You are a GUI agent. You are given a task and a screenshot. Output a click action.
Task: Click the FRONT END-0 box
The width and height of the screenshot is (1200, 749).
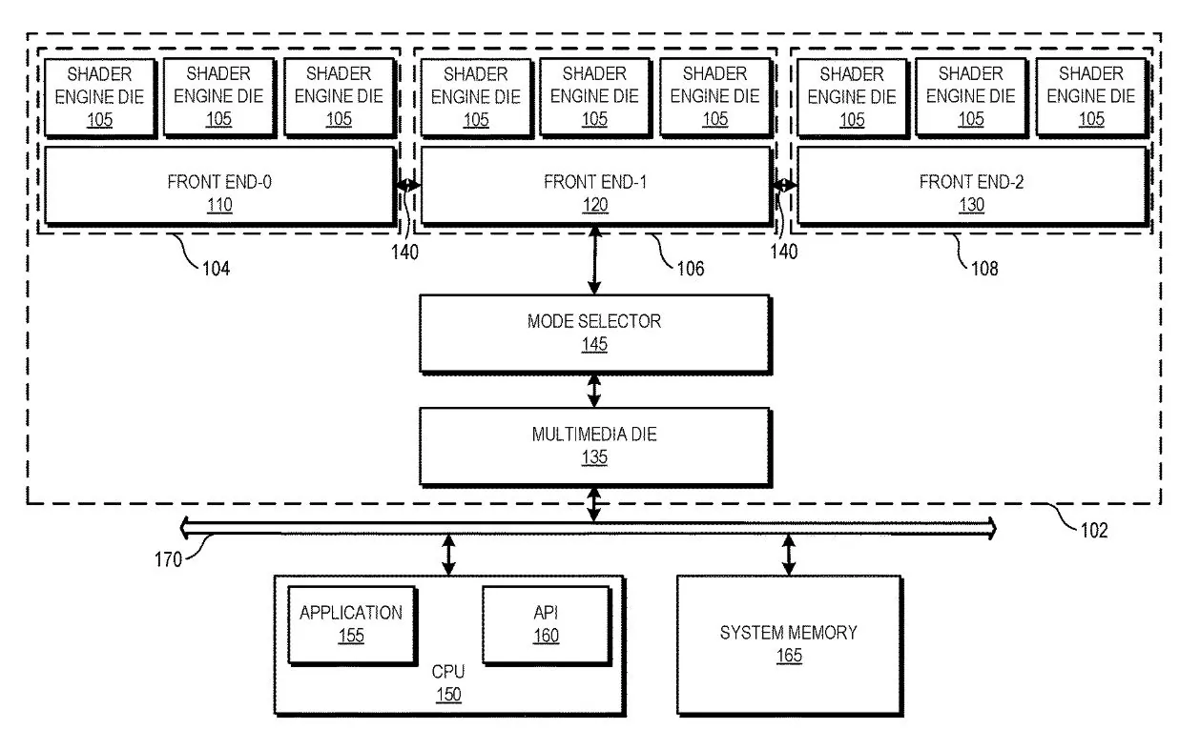click(x=218, y=186)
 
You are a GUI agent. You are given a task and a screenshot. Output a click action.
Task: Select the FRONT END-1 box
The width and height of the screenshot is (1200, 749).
click(x=594, y=186)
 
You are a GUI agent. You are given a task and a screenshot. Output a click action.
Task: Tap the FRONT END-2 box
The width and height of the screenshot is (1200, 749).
click(x=970, y=186)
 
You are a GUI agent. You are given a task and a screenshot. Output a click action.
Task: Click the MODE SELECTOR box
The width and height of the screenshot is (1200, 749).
click(x=593, y=333)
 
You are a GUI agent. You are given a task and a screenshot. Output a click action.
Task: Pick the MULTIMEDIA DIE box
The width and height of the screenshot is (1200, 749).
click(x=593, y=445)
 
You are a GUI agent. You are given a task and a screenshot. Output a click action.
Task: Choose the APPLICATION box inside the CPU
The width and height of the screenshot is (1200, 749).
click(x=350, y=623)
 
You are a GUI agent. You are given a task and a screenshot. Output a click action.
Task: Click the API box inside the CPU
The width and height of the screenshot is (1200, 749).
click(x=546, y=623)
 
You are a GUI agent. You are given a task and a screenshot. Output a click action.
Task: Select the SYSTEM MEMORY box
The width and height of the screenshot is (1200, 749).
click(x=788, y=643)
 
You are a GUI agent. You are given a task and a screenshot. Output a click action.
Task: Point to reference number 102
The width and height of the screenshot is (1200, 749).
click(x=1093, y=531)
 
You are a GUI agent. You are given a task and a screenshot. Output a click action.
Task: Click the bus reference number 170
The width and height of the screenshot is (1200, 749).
click(x=168, y=559)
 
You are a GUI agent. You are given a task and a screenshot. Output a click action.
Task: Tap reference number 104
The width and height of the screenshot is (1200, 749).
click(x=216, y=269)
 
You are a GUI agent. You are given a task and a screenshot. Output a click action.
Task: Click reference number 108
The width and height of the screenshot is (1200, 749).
click(x=983, y=269)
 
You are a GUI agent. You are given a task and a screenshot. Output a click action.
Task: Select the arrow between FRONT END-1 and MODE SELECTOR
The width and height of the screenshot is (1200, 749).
click(x=594, y=260)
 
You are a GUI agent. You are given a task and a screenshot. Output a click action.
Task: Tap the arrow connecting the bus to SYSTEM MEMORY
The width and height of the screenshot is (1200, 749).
click(x=788, y=554)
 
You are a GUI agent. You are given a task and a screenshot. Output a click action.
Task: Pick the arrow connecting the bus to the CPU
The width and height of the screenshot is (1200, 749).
click(x=449, y=554)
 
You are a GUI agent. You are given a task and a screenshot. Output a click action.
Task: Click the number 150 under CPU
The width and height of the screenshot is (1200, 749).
click(x=448, y=695)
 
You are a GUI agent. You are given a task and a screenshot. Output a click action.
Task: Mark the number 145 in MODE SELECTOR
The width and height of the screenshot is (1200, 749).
click(x=593, y=344)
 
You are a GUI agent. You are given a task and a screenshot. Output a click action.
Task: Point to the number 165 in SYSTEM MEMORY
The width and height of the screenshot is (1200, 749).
click(x=788, y=656)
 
